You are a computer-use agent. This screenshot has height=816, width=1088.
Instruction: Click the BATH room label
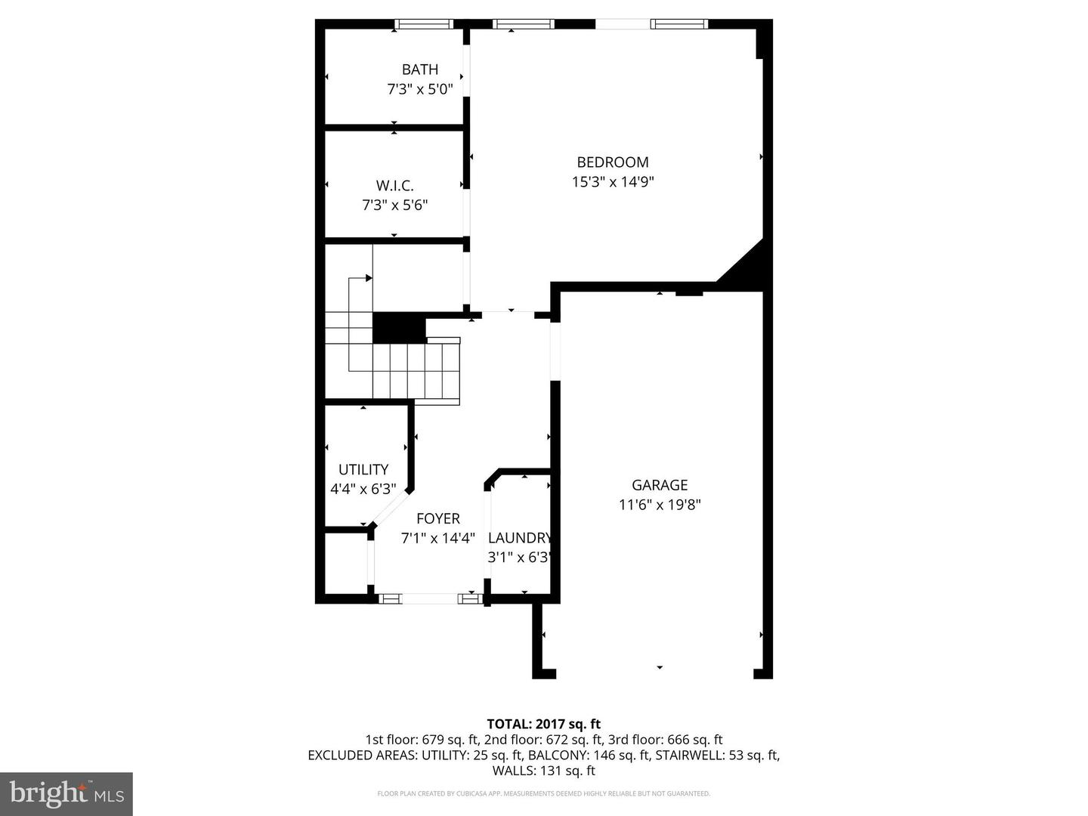click(x=420, y=70)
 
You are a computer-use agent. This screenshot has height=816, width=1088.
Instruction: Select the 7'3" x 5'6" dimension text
click(x=394, y=205)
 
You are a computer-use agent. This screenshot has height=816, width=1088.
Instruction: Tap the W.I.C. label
click(x=394, y=185)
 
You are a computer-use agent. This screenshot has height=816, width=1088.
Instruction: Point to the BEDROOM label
click(x=612, y=162)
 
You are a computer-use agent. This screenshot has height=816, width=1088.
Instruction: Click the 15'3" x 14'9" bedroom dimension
click(x=612, y=181)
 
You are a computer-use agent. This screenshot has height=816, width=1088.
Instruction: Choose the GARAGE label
click(x=660, y=485)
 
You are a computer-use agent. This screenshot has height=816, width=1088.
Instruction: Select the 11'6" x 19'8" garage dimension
click(x=660, y=505)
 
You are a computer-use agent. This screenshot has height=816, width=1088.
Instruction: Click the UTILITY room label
click(x=363, y=469)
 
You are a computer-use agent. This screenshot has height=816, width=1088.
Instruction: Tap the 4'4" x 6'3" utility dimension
click(x=363, y=489)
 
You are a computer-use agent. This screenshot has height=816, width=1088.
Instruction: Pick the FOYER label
click(x=438, y=518)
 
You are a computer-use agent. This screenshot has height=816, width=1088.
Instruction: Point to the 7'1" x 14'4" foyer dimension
click(x=438, y=538)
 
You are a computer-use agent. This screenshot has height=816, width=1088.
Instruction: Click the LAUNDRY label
click(x=520, y=538)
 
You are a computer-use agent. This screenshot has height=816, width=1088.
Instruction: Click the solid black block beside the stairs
click(x=399, y=328)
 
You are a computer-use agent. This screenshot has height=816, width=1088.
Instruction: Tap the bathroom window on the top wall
click(x=425, y=24)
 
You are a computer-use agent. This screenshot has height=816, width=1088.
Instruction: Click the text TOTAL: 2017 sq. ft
click(x=543, y=724)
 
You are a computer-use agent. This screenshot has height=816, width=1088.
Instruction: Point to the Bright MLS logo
click(x=66, y=793)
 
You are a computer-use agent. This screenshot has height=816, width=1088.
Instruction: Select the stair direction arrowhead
click(x=369, y=278)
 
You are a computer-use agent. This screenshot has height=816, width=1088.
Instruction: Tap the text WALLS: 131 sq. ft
click(x=543, y=771)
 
